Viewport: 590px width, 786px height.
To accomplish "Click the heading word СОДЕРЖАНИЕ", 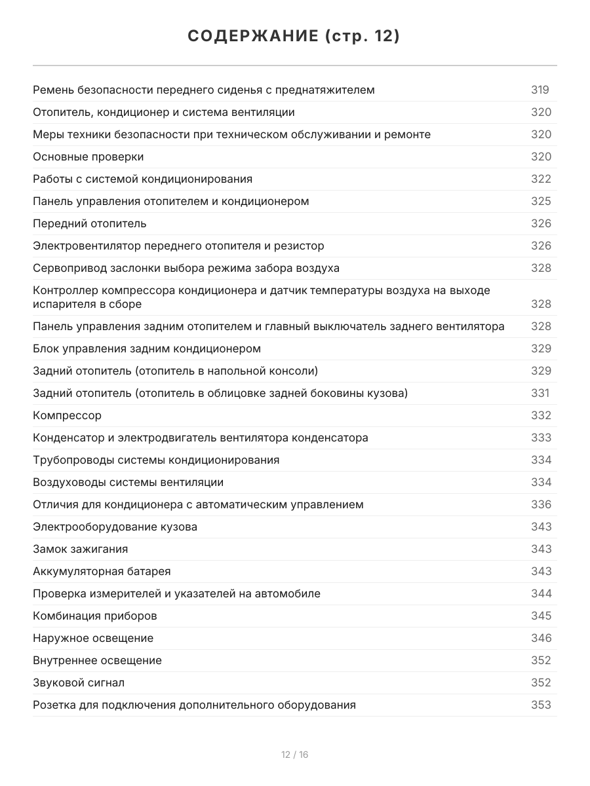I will [x=252, y=37].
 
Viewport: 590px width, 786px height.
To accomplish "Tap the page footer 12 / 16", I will [x=294, y=755].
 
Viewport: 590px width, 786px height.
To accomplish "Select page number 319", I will [x=540, y=90].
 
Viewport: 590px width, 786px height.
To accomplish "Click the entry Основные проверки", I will [x=88, y=157].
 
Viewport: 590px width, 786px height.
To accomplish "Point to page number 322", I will [x=541, y=179].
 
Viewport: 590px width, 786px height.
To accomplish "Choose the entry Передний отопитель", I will [x=89, y=223].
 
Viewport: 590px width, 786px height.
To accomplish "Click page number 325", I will [x=541, y=201].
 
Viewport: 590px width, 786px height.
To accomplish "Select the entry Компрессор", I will [x=67, y=415].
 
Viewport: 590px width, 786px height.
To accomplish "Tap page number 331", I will [x=540, y=393].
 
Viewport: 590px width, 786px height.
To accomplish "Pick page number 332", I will [x=541, y=415].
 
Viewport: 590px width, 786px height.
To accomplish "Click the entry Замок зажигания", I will [x=80, y=549].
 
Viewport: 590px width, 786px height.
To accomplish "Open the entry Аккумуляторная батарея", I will [x=102, y=571].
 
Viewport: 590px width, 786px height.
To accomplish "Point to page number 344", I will [x=541, y=593].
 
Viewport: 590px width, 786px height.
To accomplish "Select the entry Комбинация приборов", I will [x=94, y=616].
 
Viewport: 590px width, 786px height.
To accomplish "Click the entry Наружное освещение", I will [x=92, y=638].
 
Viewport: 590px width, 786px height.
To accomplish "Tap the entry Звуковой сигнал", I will [x=78, y=683].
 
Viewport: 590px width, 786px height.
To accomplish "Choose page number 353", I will [x=541, y=705].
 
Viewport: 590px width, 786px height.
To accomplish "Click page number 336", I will [x=541, y=504].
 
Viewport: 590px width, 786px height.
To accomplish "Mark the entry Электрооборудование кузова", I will [x=115, y=527].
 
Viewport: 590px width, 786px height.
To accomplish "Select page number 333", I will [x=541, y=438].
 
